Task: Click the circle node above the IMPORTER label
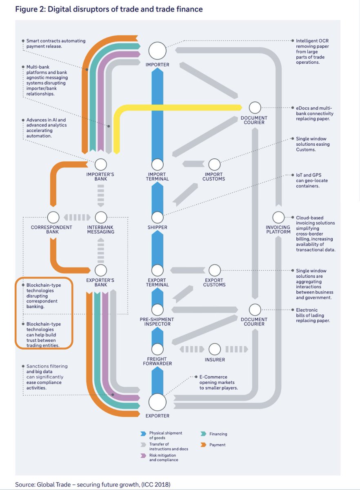(157, 51)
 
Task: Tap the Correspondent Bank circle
(53, 217)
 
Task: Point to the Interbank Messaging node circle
(101, 217)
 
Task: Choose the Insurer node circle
(215, 349)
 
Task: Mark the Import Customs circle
(215, 165)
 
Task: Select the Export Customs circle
(215, 270)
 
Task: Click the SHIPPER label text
(157, 227)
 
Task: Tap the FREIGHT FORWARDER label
(157, 361)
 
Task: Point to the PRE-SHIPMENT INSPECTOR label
(157, 322)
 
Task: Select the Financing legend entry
(218, 434)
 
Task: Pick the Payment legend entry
(217, 445)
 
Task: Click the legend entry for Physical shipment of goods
(165, 435)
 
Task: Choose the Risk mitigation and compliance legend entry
(163, 457)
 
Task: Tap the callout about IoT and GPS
(312, 180)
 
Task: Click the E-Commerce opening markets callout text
(219, 382)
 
